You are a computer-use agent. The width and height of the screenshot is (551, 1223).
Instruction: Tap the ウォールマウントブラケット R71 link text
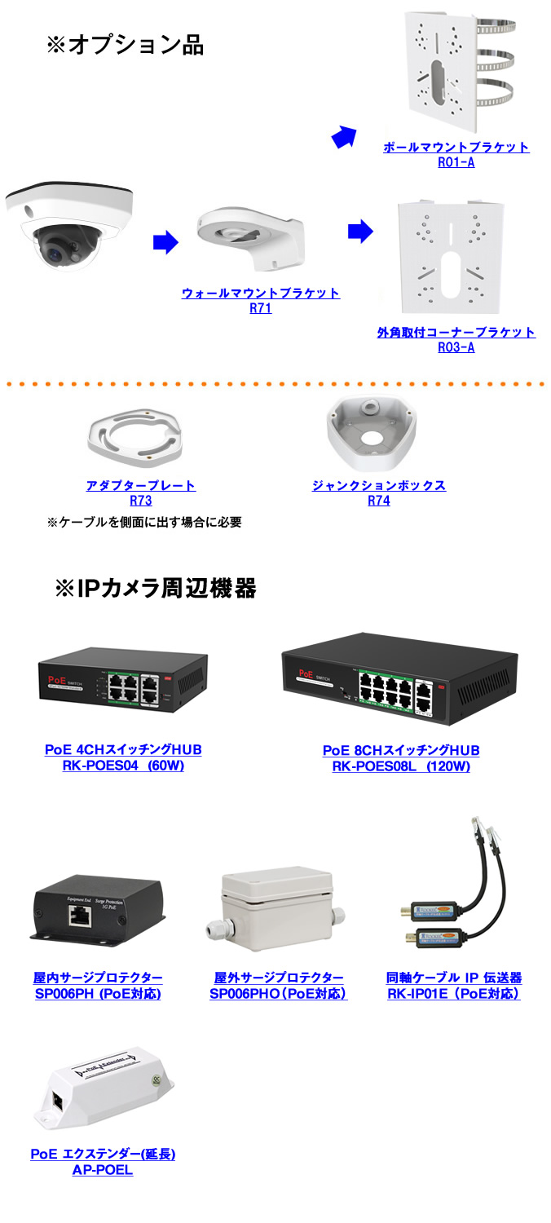coord(260,300)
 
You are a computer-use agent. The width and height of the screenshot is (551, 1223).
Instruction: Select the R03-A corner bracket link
coord(456,340)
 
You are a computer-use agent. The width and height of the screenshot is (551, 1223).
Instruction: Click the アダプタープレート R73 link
coord(141,493)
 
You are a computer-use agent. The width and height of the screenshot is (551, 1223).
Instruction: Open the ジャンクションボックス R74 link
coord(379,493)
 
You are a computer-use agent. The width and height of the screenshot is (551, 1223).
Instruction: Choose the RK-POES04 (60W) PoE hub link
coord(123,757)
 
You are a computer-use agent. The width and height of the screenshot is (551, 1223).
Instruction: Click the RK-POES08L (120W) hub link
coord(401,757)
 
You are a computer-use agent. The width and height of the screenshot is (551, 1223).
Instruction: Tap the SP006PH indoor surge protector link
coord(98,985)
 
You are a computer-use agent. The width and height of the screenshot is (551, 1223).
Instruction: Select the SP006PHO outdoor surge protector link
coord(278,985)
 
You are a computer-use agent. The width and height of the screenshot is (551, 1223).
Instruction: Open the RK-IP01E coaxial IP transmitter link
coord(453,985)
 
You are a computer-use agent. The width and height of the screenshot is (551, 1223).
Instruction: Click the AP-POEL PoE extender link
coord(103,1162)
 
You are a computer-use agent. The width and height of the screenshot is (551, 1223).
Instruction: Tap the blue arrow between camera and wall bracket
coord(165,241)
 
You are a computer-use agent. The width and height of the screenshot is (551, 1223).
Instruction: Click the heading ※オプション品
coord(125,45)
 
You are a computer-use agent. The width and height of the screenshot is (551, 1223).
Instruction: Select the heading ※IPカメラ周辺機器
coord(155,588)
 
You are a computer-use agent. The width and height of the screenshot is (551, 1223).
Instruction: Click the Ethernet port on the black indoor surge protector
coord(80,916)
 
